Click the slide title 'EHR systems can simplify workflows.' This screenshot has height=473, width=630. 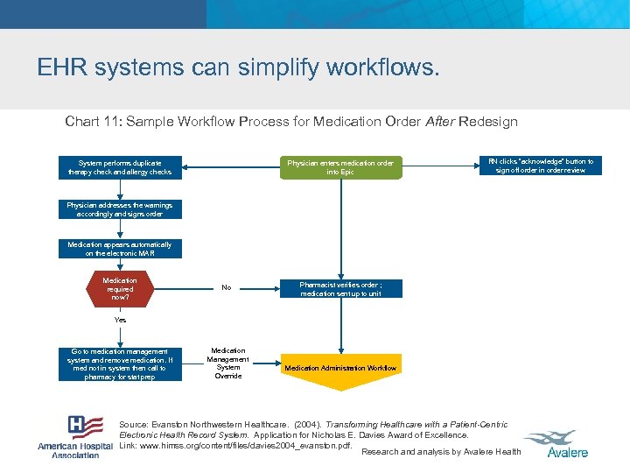[x=238, y=67]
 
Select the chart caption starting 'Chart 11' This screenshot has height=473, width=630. [x=291, y=122]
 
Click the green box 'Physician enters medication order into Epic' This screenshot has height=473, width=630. [x=340, y=167]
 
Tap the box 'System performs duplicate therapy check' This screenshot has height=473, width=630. [x=120, y=167]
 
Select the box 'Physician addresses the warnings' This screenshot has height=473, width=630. [x=120, y=209]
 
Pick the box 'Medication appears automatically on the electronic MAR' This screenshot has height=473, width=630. [x=120, y=249]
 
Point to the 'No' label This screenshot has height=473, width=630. [x=227, y=287]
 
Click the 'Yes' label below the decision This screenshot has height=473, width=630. [x=120, y=320]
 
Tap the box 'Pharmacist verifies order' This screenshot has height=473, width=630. [x=340, y=289]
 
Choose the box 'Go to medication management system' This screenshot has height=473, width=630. [x=120, y=364]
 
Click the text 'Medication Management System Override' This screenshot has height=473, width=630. [x=228, y=364]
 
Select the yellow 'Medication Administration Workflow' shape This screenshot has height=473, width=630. [x=340, y=368]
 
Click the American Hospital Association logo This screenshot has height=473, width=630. [x=75, y=436]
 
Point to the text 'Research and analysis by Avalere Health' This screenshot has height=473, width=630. [x=441, y=452]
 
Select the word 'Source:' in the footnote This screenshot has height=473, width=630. [x=134, y=425]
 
